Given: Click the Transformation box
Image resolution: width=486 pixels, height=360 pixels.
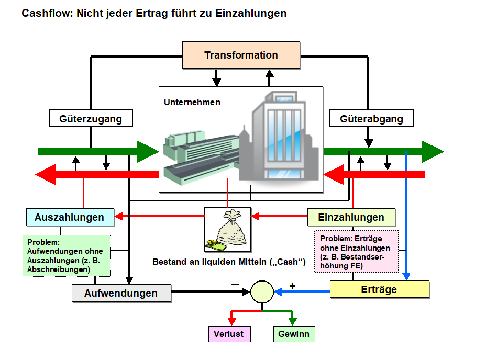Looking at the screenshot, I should click(241, 55).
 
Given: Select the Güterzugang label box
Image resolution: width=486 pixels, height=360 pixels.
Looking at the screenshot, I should click(91, 119).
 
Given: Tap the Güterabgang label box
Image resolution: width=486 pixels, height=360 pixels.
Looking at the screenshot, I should click(371, 119).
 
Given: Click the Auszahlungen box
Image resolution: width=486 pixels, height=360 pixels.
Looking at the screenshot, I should click(70, 217).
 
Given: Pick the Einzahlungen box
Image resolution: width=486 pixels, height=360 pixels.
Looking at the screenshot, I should click(351, 217).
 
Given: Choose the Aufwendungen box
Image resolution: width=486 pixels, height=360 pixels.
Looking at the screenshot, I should click(121, 293).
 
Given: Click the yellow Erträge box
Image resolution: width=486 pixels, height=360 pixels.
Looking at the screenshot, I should click(379, 289).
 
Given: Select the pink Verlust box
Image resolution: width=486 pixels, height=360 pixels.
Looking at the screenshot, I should click(228, 333).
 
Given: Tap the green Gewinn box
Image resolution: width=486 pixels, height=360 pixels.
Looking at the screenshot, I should click(294, 333).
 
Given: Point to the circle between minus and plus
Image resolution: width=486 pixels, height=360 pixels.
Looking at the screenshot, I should click(262, 292).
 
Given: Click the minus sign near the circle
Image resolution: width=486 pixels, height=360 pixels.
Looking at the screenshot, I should click(235, 284).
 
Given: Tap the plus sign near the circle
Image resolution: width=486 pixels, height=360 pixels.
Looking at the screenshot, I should click(292, 286).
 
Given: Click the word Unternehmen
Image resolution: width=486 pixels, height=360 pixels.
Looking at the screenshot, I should click(192, 103).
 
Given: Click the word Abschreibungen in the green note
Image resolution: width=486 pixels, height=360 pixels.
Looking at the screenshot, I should click(59, 269).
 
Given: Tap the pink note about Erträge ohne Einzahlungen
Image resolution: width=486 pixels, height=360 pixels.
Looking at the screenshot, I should click(356, 251).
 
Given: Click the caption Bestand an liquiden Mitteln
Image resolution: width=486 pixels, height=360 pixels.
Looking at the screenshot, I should click(228, 261).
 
